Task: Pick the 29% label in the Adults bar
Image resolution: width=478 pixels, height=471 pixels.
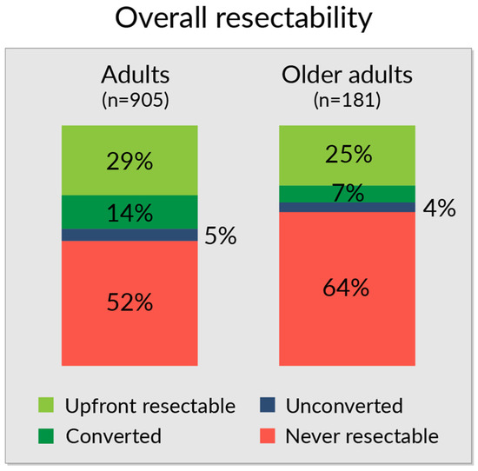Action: tap(130, 163)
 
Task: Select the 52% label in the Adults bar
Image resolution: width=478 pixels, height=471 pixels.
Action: tap(130, 302)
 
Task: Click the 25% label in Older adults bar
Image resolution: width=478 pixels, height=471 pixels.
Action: tap(347, 156)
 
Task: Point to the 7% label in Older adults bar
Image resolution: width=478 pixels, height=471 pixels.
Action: tap(347, 194)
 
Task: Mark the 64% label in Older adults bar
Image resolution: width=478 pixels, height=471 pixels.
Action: tap(347, 288)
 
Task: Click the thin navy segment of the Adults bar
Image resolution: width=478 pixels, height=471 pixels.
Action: tap(130, 235)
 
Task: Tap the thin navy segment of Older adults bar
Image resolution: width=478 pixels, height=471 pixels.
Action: tap(347, 207)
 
